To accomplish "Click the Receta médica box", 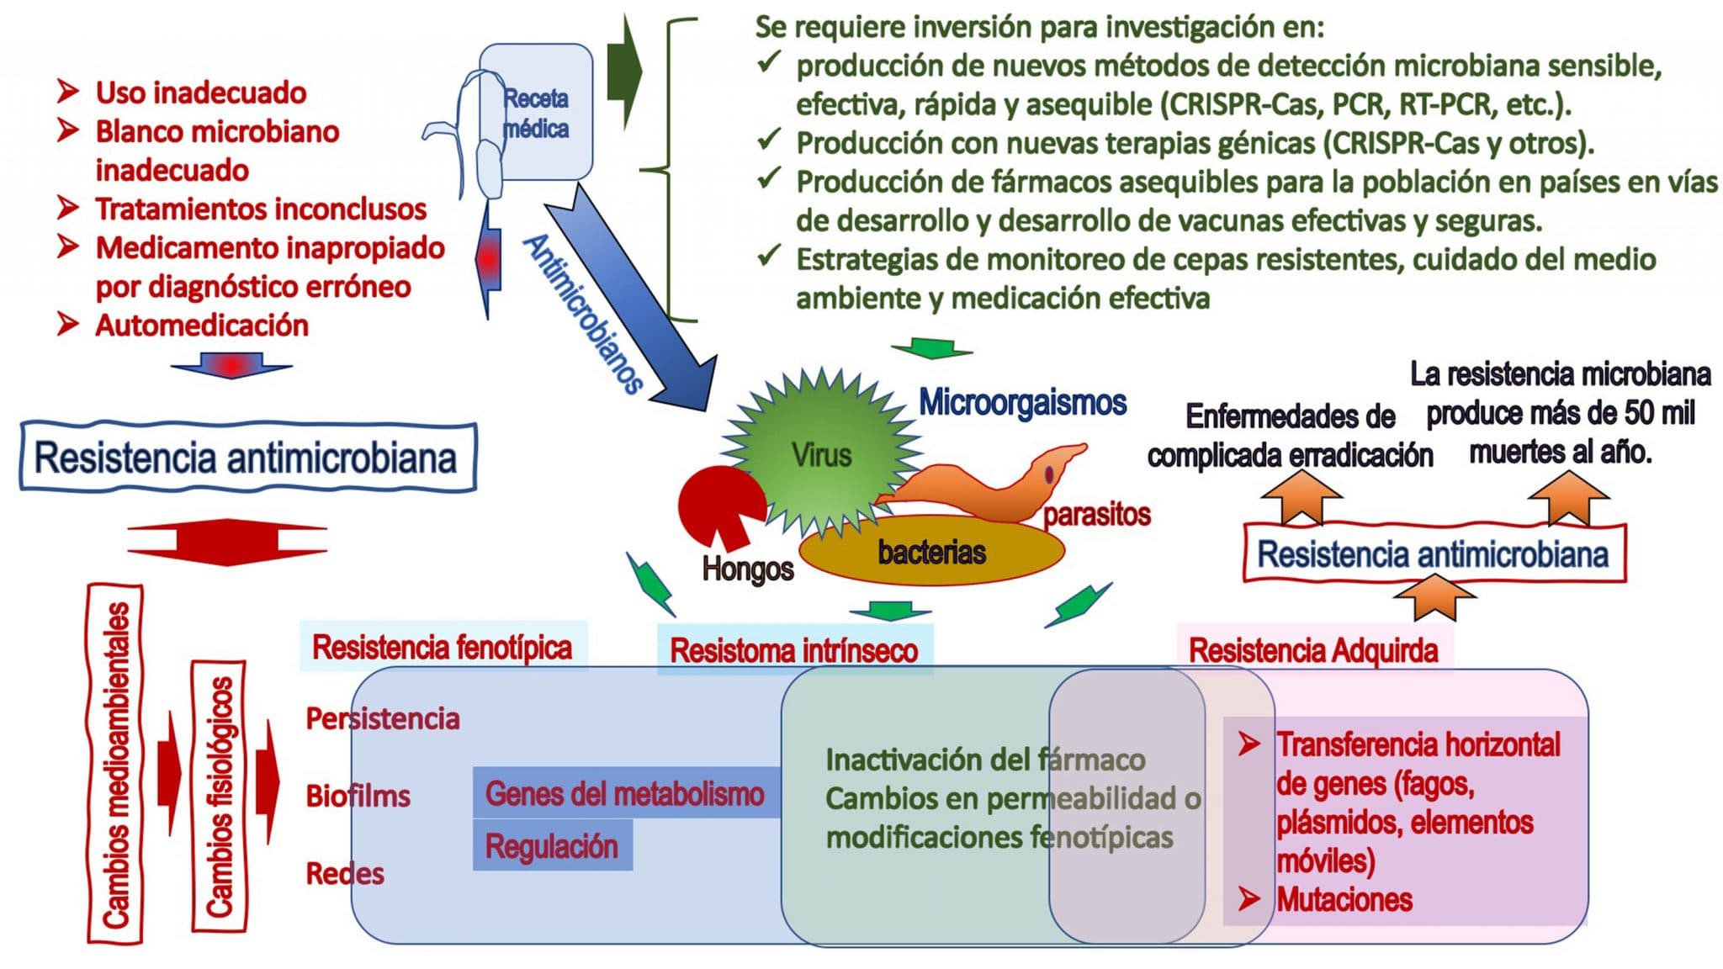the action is tap(537, 113).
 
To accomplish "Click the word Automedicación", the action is tap(202, 326).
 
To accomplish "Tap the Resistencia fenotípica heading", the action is tap(443, 648).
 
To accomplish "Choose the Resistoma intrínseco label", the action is tap(794, 650).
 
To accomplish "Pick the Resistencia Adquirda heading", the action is tap(1313, 650).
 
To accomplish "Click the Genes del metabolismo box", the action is tap(626, 793).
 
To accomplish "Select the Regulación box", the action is tap(552, 845).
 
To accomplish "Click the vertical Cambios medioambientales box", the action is tap(115, 764).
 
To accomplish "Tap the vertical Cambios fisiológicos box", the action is tap(219, 796).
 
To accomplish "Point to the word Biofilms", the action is tap(358, 796).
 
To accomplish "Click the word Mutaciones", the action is tap(1344, 899).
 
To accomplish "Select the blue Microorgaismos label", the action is tap(1022, 402).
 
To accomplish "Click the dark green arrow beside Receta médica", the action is tap(624, 72).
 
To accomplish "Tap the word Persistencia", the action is tap(383, 719).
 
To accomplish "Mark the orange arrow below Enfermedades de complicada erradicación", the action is tap(1301, 497).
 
